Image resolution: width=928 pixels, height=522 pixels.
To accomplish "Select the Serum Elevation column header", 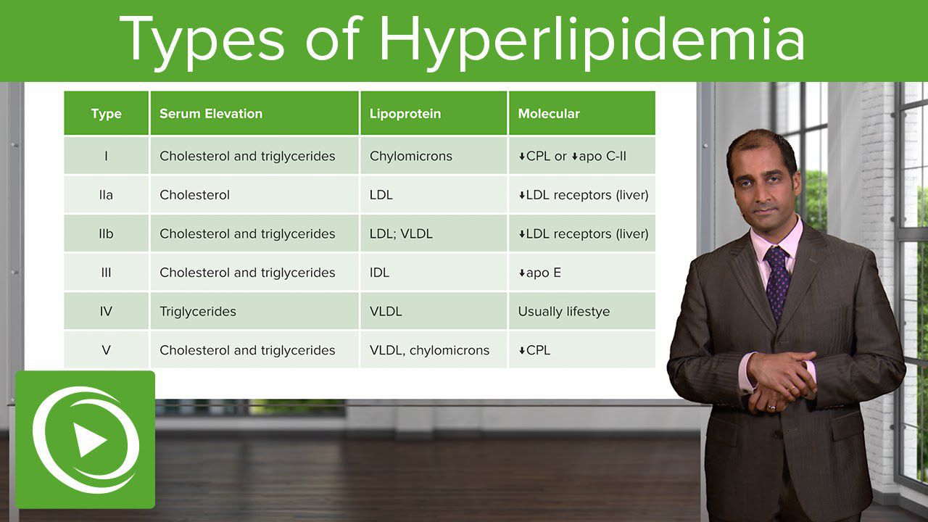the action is [211, 114].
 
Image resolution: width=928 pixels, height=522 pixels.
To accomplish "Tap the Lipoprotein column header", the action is [405, 114].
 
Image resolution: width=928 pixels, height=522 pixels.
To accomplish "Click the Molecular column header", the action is [549, 114].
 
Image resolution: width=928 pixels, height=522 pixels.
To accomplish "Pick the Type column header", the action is [106, 114].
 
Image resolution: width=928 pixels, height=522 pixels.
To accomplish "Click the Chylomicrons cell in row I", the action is [411, 156].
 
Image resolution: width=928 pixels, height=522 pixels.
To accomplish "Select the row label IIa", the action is [106, 195].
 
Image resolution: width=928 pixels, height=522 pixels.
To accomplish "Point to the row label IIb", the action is [106, 233].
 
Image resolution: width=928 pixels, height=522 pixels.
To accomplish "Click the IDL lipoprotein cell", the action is [379, 273].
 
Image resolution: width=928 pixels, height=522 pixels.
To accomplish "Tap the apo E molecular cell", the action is [539, 273].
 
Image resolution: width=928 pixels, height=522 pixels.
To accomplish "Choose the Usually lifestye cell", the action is [564, 312].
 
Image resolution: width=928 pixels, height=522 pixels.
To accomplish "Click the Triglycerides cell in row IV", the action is [198, 312].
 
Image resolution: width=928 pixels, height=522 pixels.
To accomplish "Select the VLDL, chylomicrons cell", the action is [429, 350].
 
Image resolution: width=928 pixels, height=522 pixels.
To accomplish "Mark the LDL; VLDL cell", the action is [401, 233].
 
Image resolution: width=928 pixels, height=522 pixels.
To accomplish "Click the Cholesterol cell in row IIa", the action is [194, 195].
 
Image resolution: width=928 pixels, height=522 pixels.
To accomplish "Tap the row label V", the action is [106, 350].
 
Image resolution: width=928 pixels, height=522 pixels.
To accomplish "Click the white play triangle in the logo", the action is [88, 439].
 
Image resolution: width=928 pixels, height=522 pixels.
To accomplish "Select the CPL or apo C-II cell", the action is [572, 156].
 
